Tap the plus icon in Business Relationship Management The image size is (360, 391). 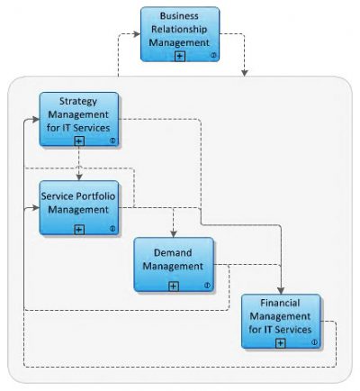click(180, 56)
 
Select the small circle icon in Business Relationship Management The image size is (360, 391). click(212, 56)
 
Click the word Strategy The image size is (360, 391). click(79, 101)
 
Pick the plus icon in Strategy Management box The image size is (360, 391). click(79, 141)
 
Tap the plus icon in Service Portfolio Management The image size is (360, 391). click(79, 229)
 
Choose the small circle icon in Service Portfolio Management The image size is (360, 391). click(112, 229)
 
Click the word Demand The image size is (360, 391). click(174, 253)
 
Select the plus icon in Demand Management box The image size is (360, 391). click(174, 286)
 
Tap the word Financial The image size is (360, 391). click(280, 304)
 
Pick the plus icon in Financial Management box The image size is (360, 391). click(280, 342)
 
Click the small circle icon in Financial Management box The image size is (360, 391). click(312, 342)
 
